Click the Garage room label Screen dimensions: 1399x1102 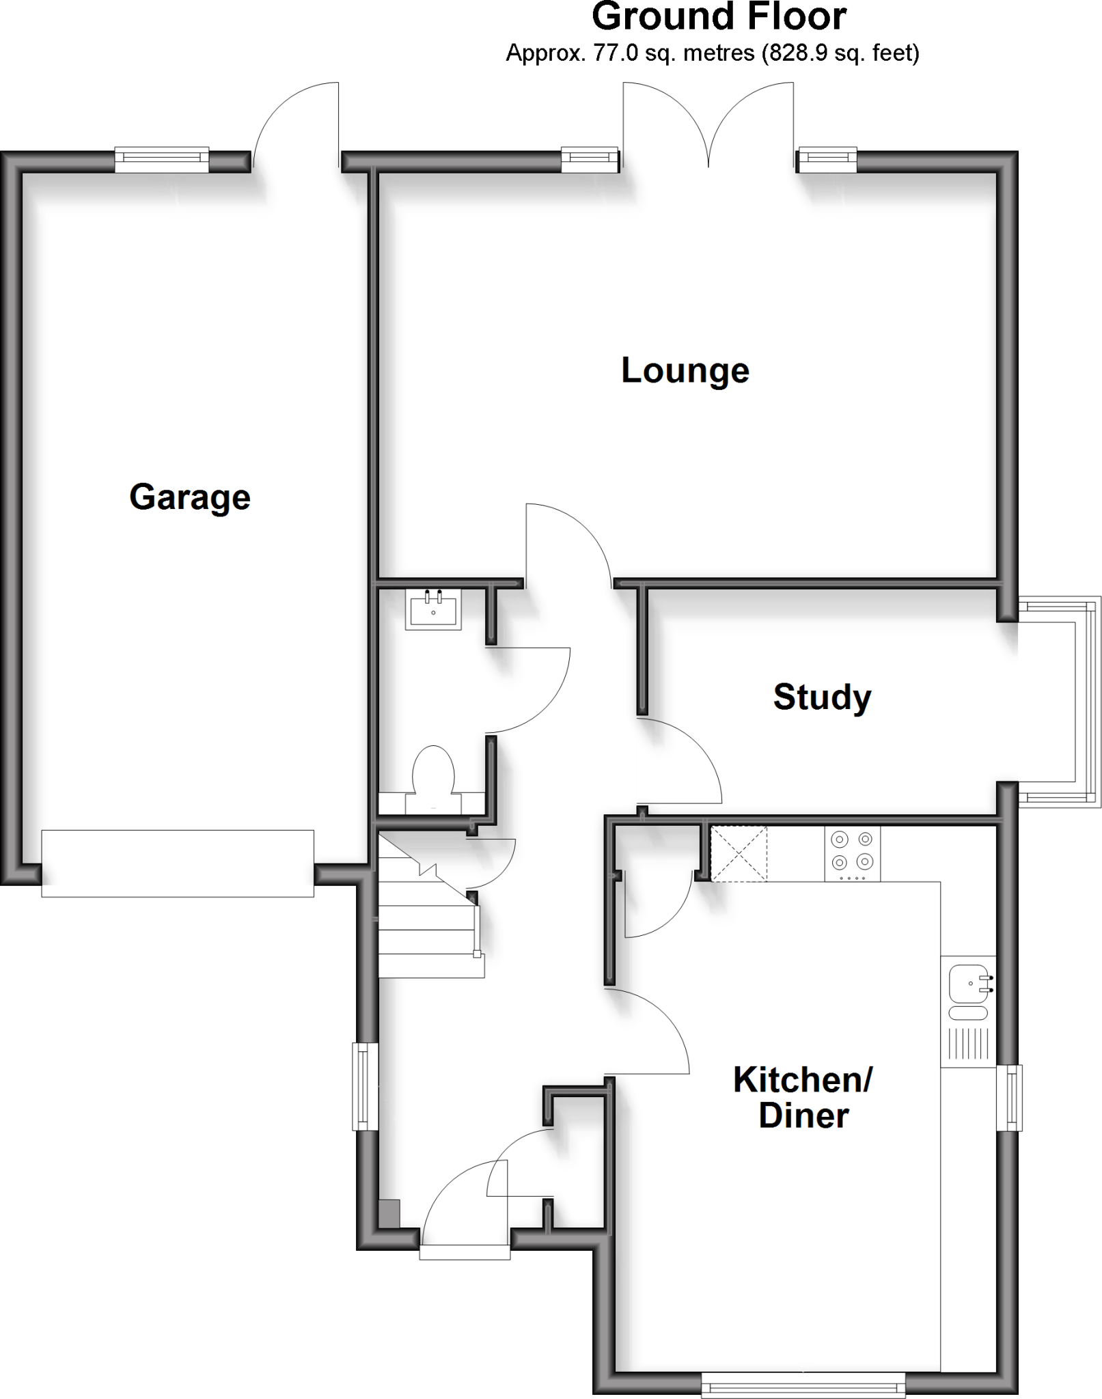(190, 497)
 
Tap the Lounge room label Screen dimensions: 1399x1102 (685, 371)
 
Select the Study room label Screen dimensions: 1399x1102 (822, 697)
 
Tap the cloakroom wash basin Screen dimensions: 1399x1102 (434, 608)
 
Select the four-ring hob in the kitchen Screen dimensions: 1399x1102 (853, 853)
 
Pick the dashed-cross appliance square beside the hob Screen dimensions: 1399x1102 (739, 853)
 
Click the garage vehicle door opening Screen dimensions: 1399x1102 (178, 863)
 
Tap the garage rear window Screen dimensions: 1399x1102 (161, 160)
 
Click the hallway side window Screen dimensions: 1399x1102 (365, 1085)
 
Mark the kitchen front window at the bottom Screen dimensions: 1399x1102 (803, 1384)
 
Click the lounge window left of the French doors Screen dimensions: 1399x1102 (589, 160)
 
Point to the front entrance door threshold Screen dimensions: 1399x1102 (465, 1251)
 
